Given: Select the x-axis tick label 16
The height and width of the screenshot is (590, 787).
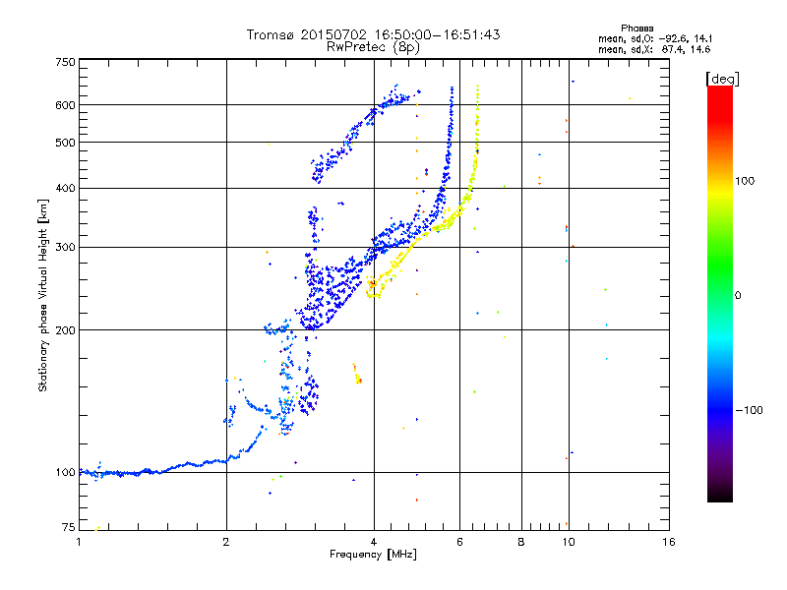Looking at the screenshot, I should click(668, 542).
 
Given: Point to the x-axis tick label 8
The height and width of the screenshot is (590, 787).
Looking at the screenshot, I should click(521, 542).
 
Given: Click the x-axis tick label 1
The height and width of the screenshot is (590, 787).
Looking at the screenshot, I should click(80, 542).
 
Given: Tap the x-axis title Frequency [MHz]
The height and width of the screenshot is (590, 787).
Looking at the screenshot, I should click(374, 556).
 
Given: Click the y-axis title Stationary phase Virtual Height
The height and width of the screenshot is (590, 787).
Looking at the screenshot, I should click(43, 295).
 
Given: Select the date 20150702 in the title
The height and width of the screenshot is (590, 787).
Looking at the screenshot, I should click(329, 34).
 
